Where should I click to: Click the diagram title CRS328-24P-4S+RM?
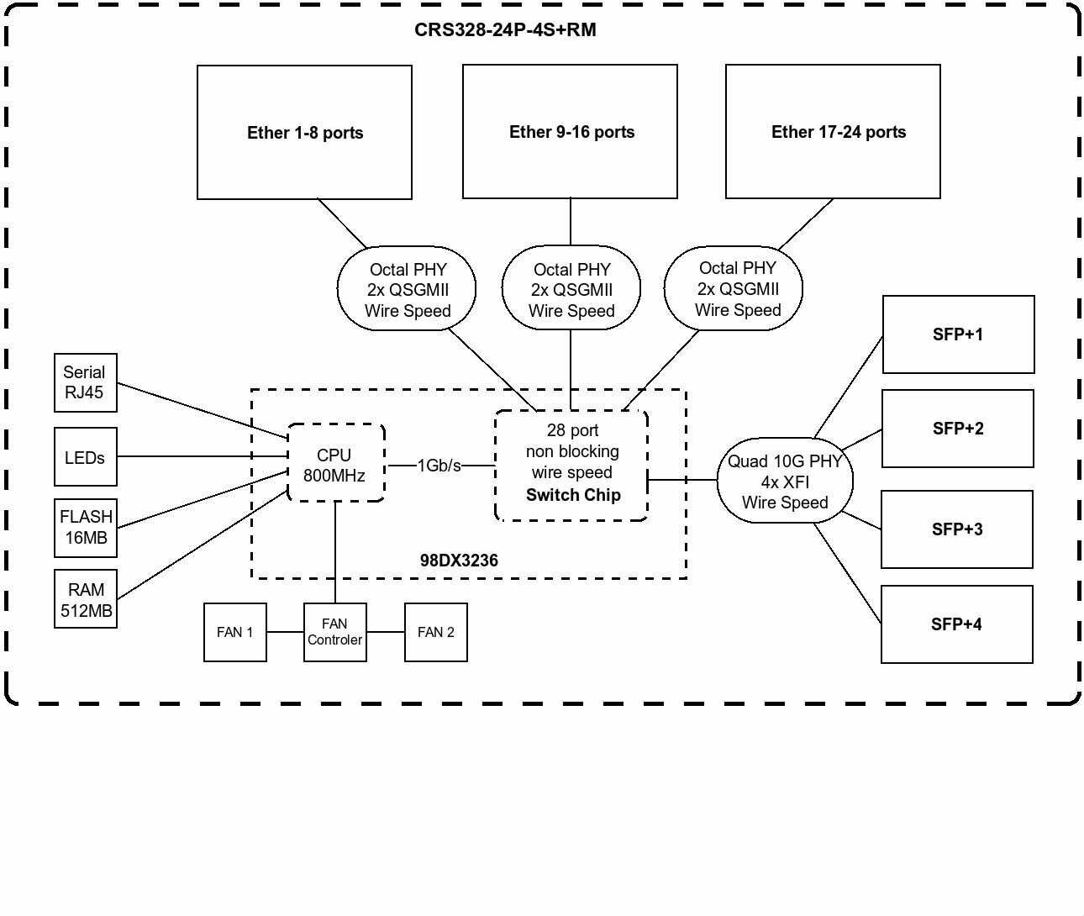coord(505,30)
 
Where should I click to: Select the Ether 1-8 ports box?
coord(304,133)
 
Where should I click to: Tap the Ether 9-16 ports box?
coord(571,132)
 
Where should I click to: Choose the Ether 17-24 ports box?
coord(833,132)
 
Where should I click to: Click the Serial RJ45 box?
coord(85,383)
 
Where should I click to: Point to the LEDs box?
coord(85,457)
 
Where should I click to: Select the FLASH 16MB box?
coord(85,528)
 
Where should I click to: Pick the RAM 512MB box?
coord(85,600)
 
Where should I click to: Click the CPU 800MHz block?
coord(335,465)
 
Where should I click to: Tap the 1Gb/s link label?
coord(439,466)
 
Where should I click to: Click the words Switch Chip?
coord(573,495)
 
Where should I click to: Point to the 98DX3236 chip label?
coord(459,561)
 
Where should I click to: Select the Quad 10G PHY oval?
coord(785,482)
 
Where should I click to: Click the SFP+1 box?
coord(958,334)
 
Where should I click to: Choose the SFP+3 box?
coord(956,529)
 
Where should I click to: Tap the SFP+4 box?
coord(956,624)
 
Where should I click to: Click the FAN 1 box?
coord(235,632)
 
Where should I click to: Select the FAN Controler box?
coord(334,632)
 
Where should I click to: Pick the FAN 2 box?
coord(435,632)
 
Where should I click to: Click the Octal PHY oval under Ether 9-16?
coord(571,289)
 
